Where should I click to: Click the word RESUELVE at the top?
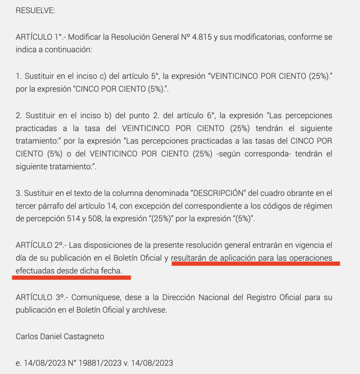pyautogui.click(x=35, y=11)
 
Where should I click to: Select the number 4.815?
pyautogui.click(x=198, y=37)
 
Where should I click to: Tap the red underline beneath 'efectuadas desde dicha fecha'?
pyautogui.click(x=71, y=277)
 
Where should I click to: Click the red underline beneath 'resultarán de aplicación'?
pyautogui.click(x=255, y=264)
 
